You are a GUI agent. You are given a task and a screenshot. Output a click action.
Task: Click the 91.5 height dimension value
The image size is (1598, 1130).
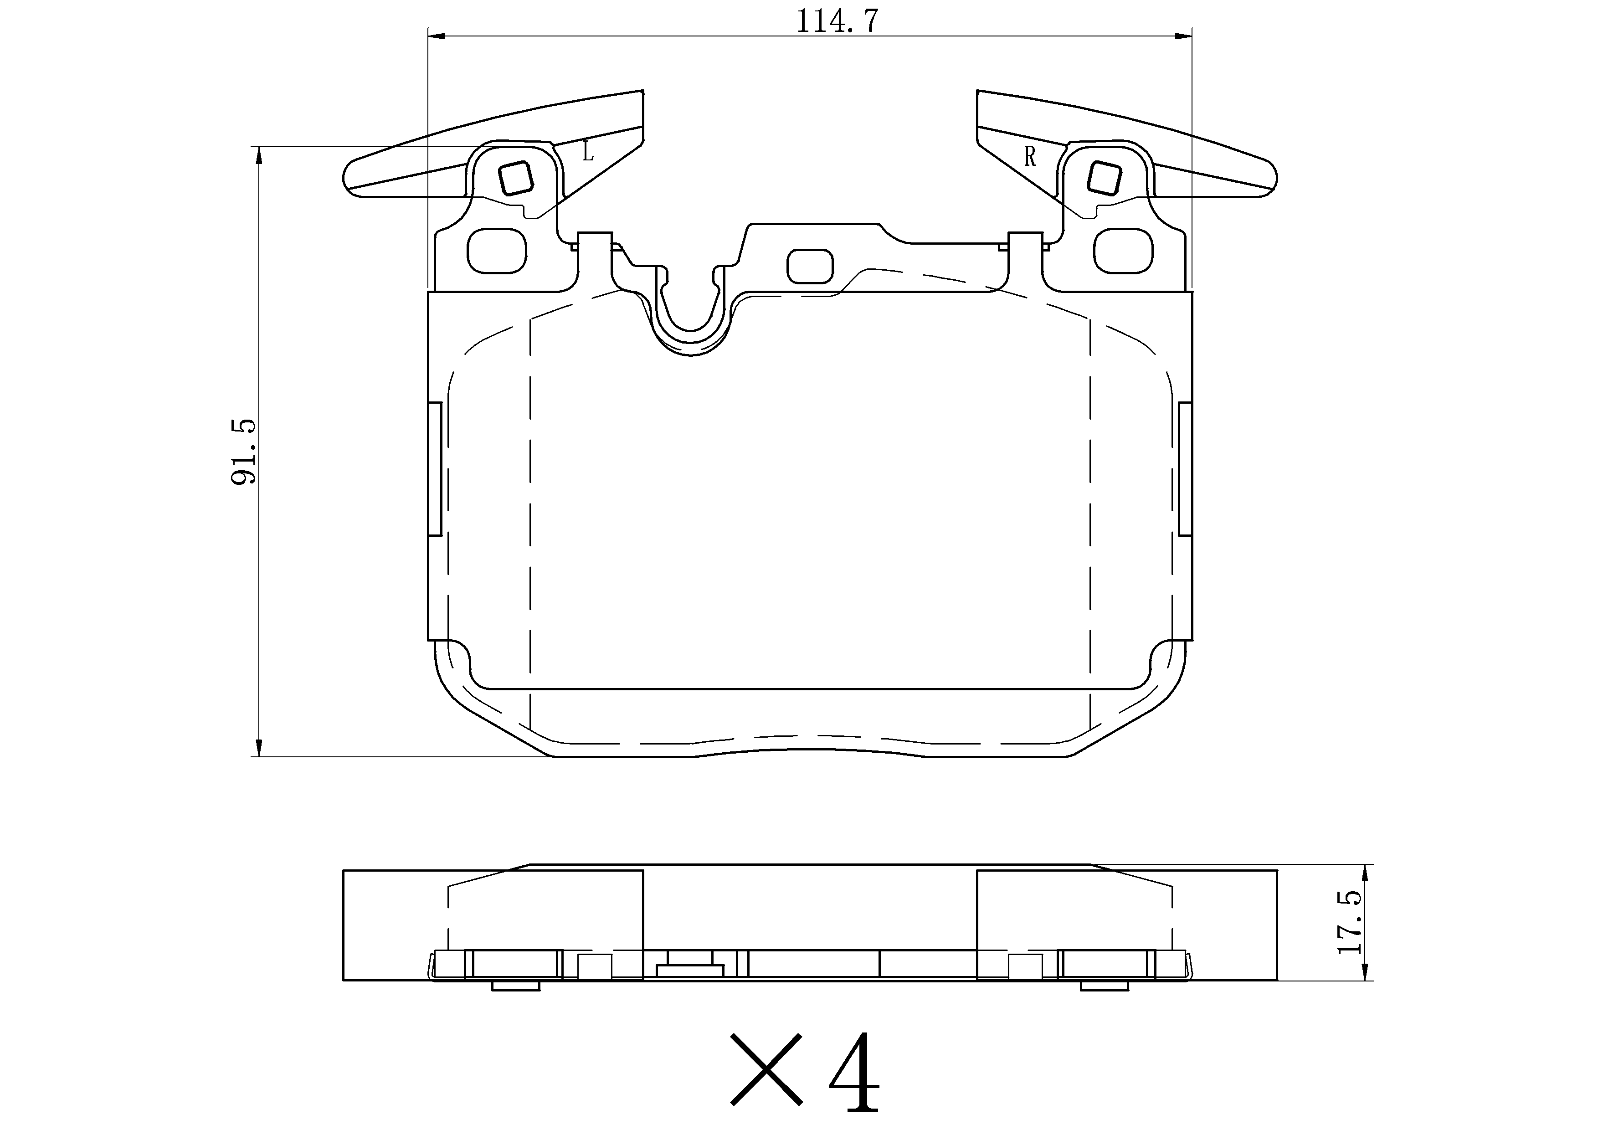(x=244, y=452)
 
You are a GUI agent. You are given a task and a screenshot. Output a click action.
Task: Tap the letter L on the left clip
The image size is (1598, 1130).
(x=588, y=150)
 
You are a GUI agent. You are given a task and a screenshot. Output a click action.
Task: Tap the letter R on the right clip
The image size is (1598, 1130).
(x=1030, y=157)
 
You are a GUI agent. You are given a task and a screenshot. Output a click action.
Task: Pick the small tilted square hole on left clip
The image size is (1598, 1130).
(x=516, y=178)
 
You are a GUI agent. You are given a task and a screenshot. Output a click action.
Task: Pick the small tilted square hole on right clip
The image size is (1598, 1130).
(x=1104, y=179)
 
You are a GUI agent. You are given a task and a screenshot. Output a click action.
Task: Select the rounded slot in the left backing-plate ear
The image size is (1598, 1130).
(x=496, y=251)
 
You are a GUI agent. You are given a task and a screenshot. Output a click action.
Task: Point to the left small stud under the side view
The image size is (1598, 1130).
(x=516, y=985)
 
